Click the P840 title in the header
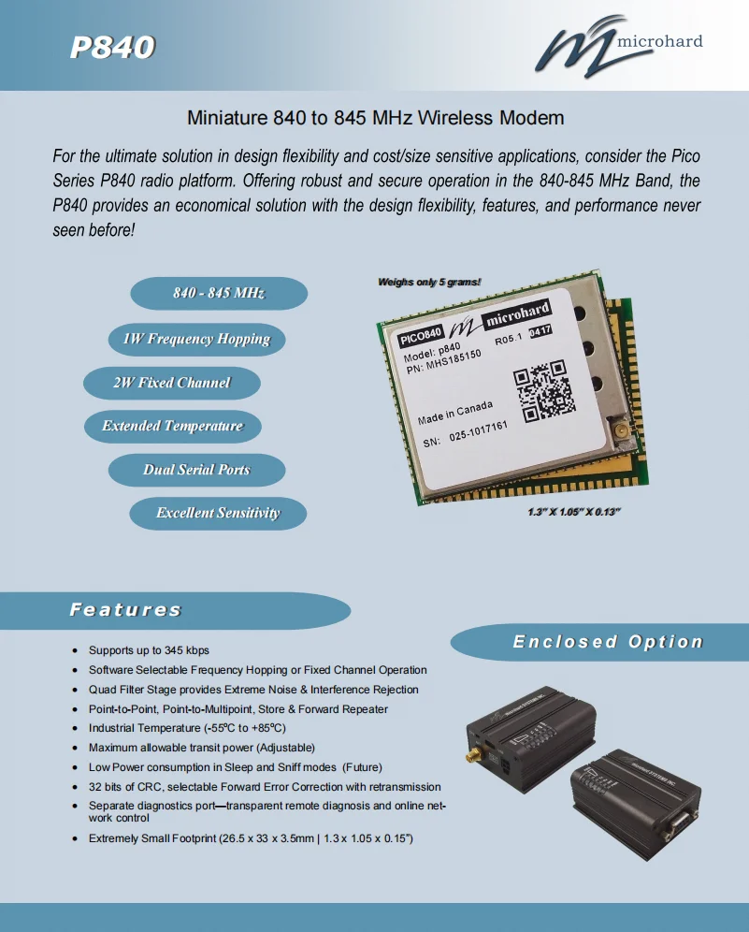(112, 47)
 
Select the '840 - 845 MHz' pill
(218, 294)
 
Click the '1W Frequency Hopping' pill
(196, 339)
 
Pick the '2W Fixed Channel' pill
(171, 383)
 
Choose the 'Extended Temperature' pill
(172, 427)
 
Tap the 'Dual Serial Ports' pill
(196, 470)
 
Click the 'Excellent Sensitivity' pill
(218, 513)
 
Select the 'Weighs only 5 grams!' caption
(429, 282)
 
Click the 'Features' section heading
(125, 610)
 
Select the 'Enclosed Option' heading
(607, 642)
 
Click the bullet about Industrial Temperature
(187, 728)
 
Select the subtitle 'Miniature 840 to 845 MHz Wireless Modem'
(376, 119)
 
